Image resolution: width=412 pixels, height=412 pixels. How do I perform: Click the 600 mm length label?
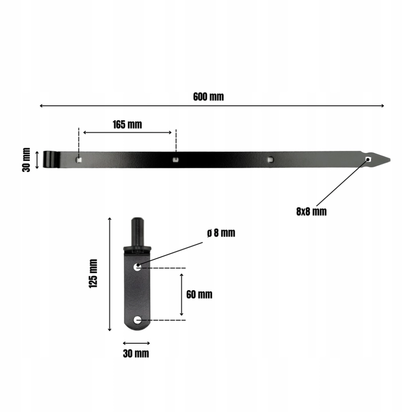208,97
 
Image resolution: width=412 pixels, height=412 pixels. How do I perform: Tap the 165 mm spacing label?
127,124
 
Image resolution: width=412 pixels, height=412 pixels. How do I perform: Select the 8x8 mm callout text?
311,211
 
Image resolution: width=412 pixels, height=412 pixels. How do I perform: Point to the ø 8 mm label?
221,233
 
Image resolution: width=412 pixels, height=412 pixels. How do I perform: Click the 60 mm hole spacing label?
199,294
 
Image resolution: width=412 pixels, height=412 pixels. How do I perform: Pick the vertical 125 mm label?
93,274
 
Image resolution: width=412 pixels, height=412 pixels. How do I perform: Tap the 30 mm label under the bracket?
136,353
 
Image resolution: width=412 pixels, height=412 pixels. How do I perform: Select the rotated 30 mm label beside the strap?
26,160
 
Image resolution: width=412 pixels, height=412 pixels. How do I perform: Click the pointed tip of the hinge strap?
390,159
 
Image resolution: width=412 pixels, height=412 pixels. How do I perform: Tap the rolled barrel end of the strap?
51,159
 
